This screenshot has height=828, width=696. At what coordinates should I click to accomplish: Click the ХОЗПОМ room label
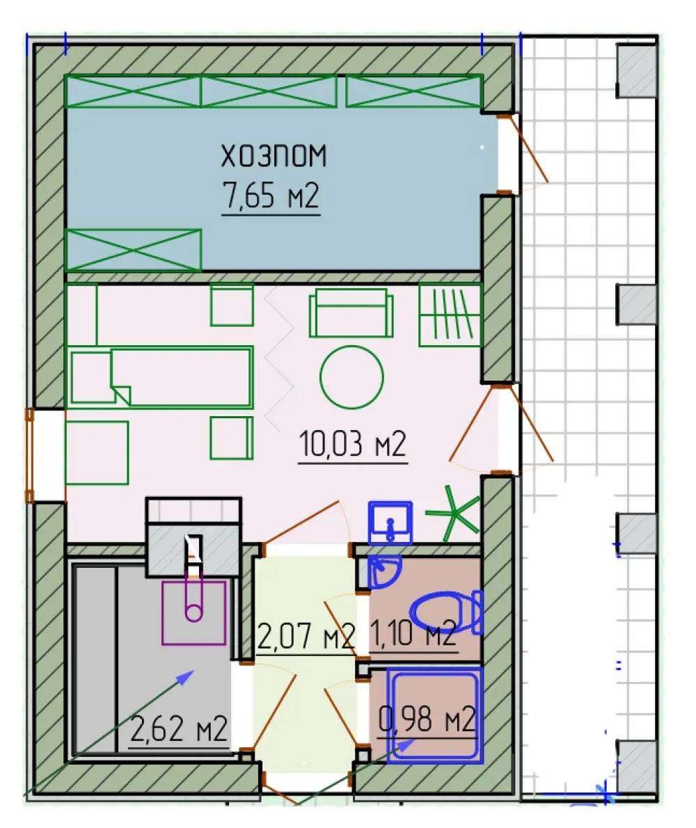tap(274, 157)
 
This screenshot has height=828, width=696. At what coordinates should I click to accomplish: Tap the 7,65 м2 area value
tap(271, 195)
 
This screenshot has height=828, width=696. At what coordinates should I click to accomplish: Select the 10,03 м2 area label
tap(353, 444)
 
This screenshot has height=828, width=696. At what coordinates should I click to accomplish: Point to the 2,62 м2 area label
tap(178, 729)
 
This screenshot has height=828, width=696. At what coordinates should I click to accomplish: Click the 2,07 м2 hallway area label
tap(306, 636)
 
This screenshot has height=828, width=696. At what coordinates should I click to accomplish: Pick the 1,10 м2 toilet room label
tap(413, 634)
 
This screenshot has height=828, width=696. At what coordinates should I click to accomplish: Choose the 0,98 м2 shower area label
tap(427, 719)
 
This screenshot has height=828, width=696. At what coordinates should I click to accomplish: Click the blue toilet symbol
tap(447, 612)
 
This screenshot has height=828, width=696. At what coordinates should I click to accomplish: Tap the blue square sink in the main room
tap(390, 523)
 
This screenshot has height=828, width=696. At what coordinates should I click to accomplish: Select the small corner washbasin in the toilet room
tap(384, 571)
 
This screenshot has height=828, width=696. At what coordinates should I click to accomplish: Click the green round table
tap(351, 377)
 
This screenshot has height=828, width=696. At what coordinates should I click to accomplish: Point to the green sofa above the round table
tap(351, 313)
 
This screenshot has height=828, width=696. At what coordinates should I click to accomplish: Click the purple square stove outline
tap(194, 613)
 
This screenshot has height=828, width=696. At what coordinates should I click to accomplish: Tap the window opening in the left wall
tap(47, 455)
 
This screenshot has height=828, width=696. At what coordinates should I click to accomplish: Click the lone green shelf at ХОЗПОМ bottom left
tap(133, 250)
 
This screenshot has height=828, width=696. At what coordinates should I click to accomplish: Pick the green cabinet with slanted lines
tap(450, 315)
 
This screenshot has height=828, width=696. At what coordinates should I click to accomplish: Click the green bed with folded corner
tap(161, 377)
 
